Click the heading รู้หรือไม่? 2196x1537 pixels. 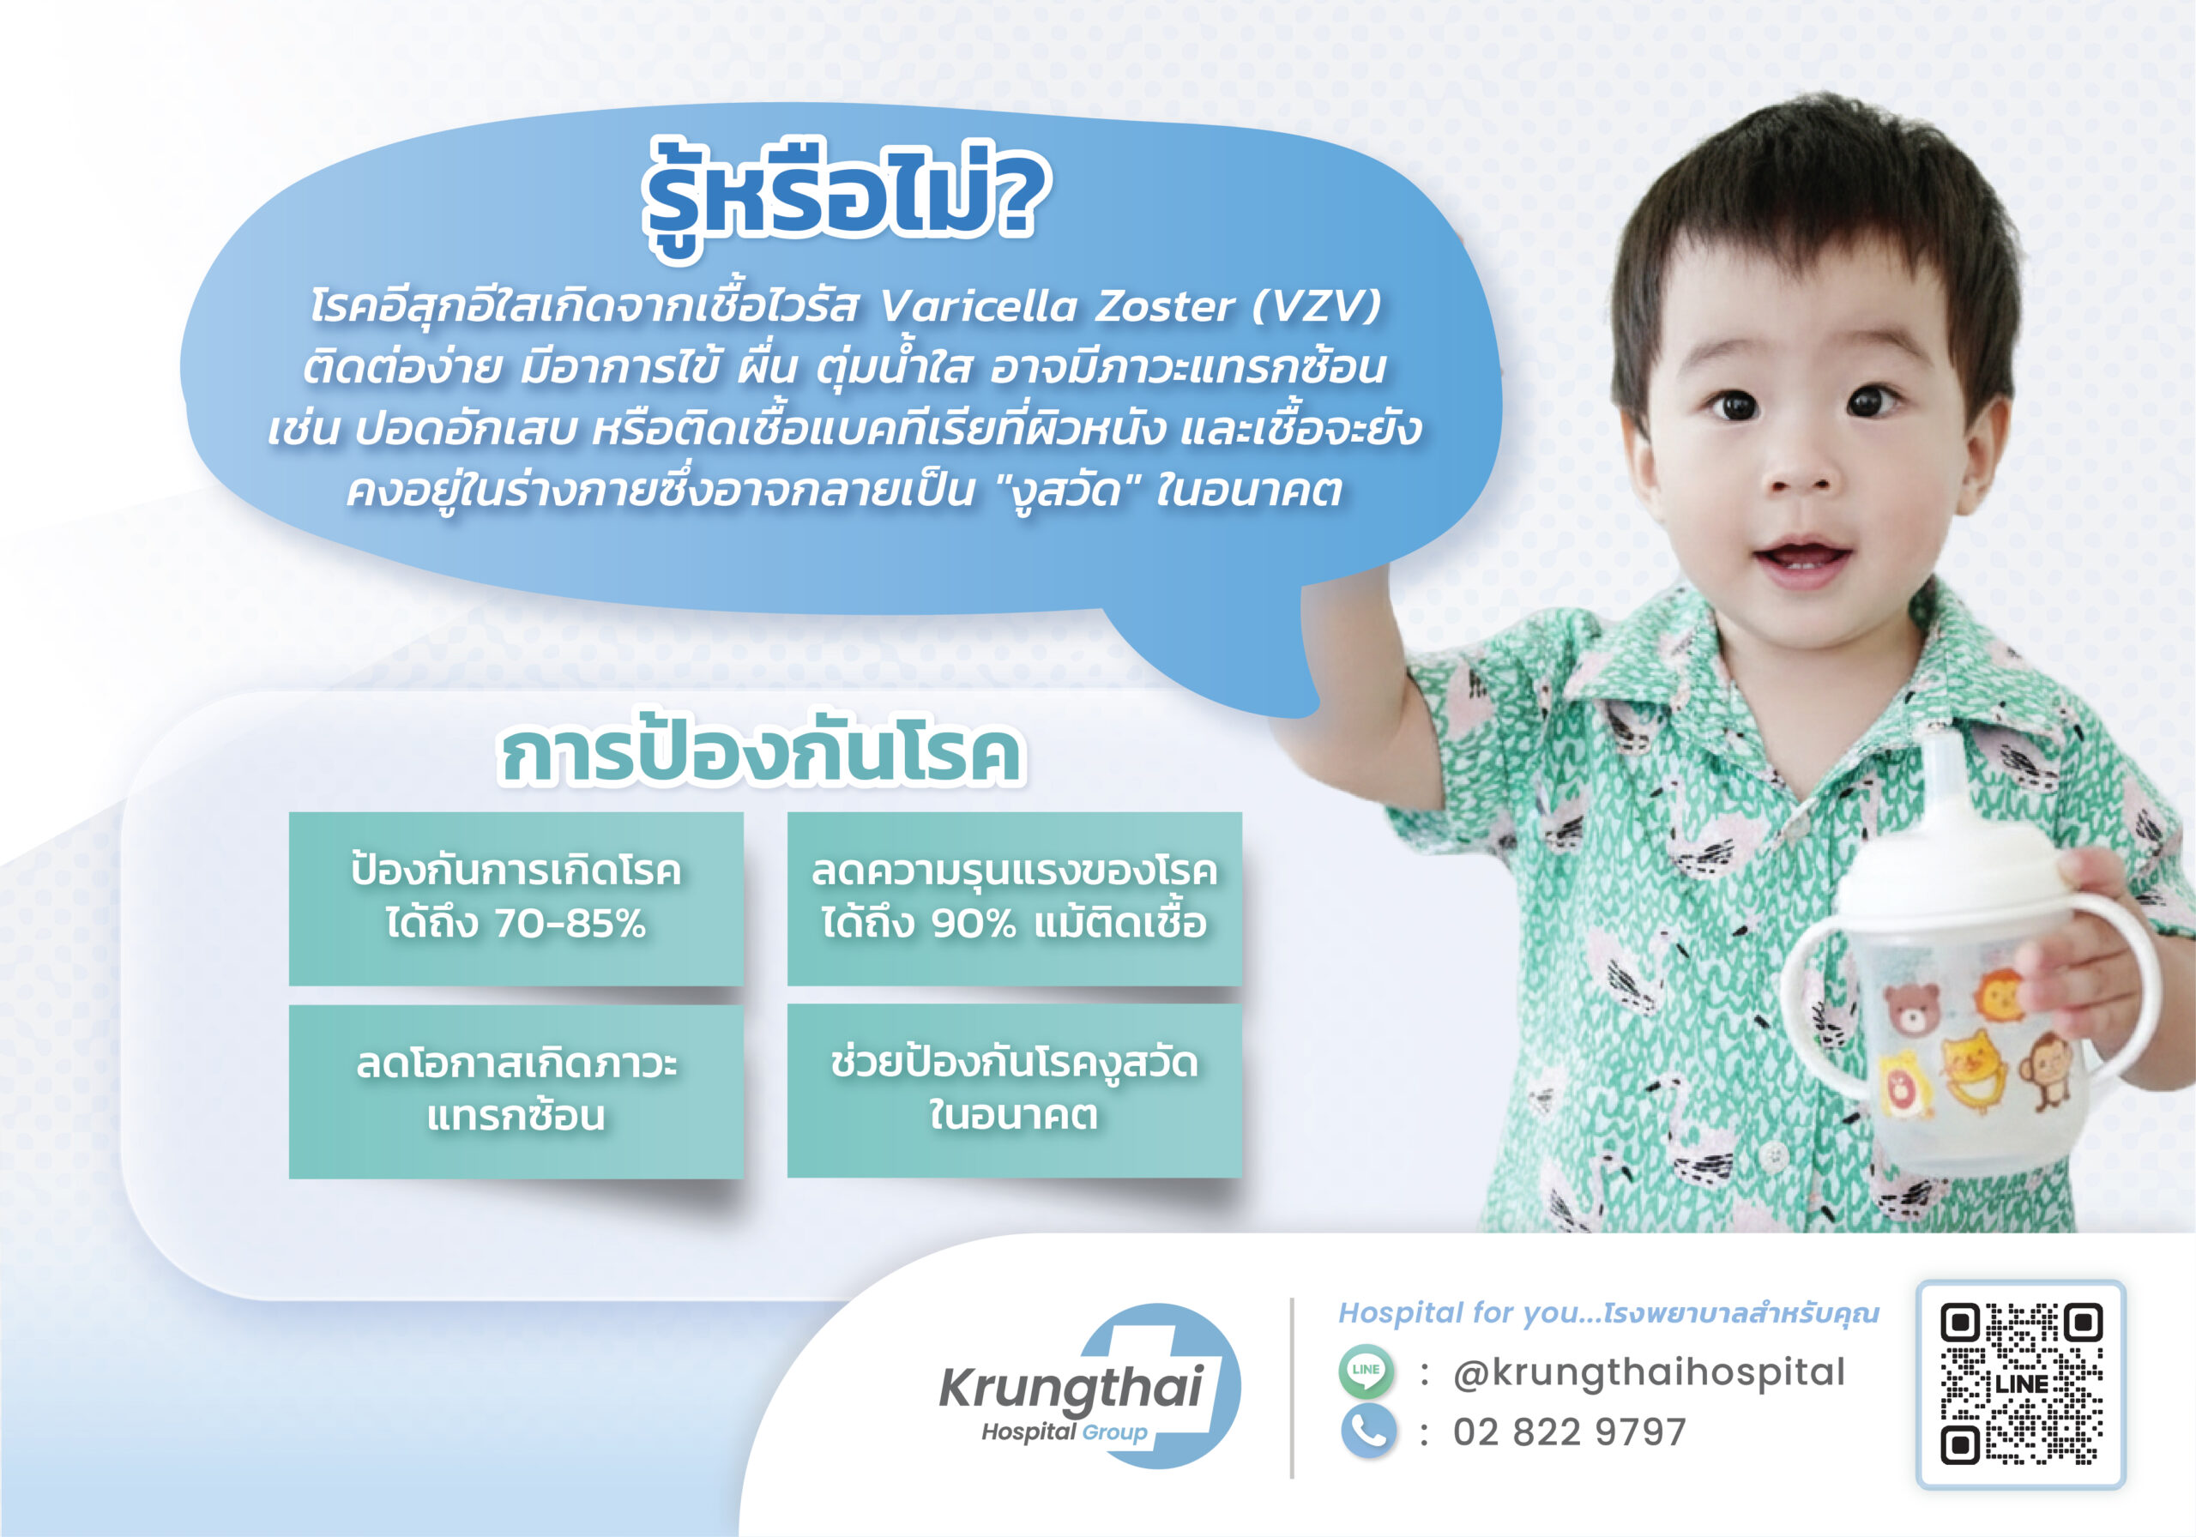pos(847,196)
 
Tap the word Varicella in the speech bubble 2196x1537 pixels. pos(978,306)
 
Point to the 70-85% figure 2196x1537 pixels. pos(570,924)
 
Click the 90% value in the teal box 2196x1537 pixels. pos(973,924)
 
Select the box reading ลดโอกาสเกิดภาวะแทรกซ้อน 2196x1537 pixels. pos(516,1091)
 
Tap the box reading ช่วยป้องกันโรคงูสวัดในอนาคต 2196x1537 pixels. pos(1015,1090)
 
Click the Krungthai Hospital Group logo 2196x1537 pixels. pos(1090,1386)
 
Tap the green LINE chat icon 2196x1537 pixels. pos(1366,1371)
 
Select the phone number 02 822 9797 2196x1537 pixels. pos(1570,1432)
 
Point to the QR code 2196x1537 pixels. pos(2021,1384)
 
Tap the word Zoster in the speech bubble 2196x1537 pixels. pos(1165,306)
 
